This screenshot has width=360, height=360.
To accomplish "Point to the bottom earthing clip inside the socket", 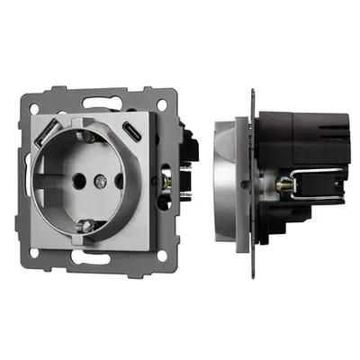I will coord(87,224).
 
